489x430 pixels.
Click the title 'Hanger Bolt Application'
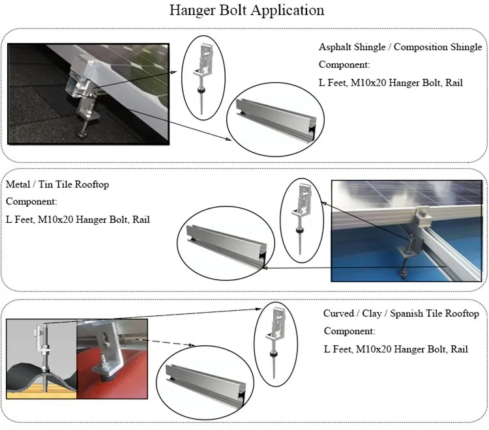246,11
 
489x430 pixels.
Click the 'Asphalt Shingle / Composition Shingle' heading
400,48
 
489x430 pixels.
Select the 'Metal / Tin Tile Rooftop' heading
57,184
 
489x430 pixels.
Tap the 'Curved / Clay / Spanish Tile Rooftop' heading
401,313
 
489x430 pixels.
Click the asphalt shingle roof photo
88,93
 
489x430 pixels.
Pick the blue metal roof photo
407,230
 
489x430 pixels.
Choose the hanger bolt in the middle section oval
302,217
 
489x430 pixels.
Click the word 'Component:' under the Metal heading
31,201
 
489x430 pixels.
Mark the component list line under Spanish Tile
396,349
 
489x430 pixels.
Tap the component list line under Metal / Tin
78,220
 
